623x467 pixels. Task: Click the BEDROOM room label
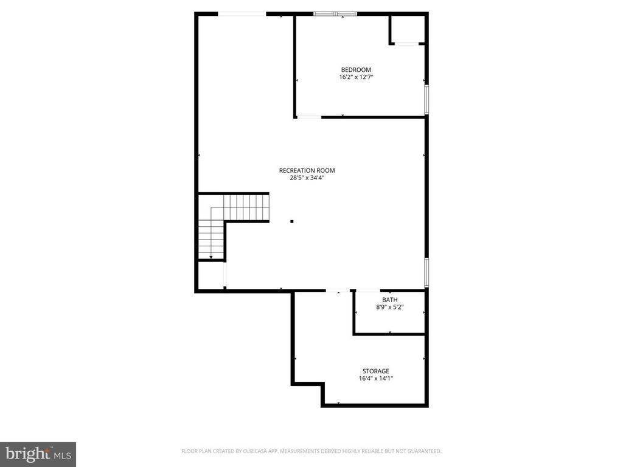(x=356, y=69)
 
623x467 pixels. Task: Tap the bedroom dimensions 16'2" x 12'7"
(x=356, y=77)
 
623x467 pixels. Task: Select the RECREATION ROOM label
(x=307, y=170)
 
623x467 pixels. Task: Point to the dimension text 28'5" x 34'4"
(x=307, y=178)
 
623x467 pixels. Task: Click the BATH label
(x=389, y=300)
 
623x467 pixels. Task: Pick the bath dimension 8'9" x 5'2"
(x=389, y=308)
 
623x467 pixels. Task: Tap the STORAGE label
(x=375, y=371)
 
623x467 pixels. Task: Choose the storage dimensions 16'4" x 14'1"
(x=375, y=379)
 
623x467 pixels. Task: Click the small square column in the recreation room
(x=292, y=221)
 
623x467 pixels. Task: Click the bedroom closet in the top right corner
(x=407, y=29)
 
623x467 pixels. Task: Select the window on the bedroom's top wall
(x=335, y=13)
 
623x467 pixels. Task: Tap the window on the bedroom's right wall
(x=426, y=100)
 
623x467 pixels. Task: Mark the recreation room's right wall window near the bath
(x=426, y=272)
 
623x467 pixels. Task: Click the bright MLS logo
(x=38, y=454)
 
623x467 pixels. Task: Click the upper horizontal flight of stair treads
(x=246, y=207)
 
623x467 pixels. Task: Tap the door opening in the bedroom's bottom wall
(x=309, y=117)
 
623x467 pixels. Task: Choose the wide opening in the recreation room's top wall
(x=242, y=13)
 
